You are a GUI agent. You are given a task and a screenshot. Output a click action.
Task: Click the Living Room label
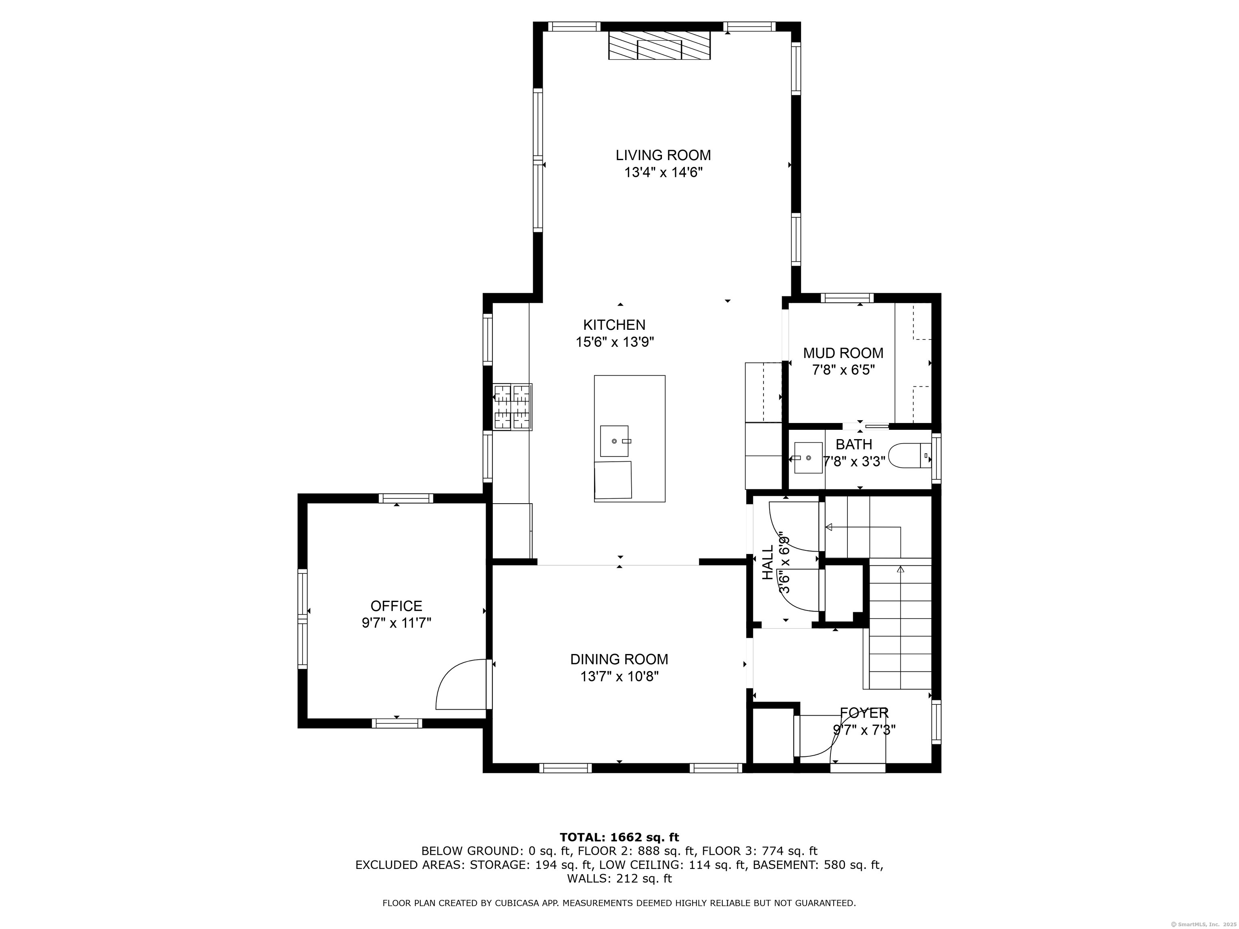663,155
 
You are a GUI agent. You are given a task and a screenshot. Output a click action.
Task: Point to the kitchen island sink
615,441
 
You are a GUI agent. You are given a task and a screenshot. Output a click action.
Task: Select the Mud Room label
843,353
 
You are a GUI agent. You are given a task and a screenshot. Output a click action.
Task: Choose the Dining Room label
619,660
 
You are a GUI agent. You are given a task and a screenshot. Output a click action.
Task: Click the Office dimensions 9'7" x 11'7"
396,623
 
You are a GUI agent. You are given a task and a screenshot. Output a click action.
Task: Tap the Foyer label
864,713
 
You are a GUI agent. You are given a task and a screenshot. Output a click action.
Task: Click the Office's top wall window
405,498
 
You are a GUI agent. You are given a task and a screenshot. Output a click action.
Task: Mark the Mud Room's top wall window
847,298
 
